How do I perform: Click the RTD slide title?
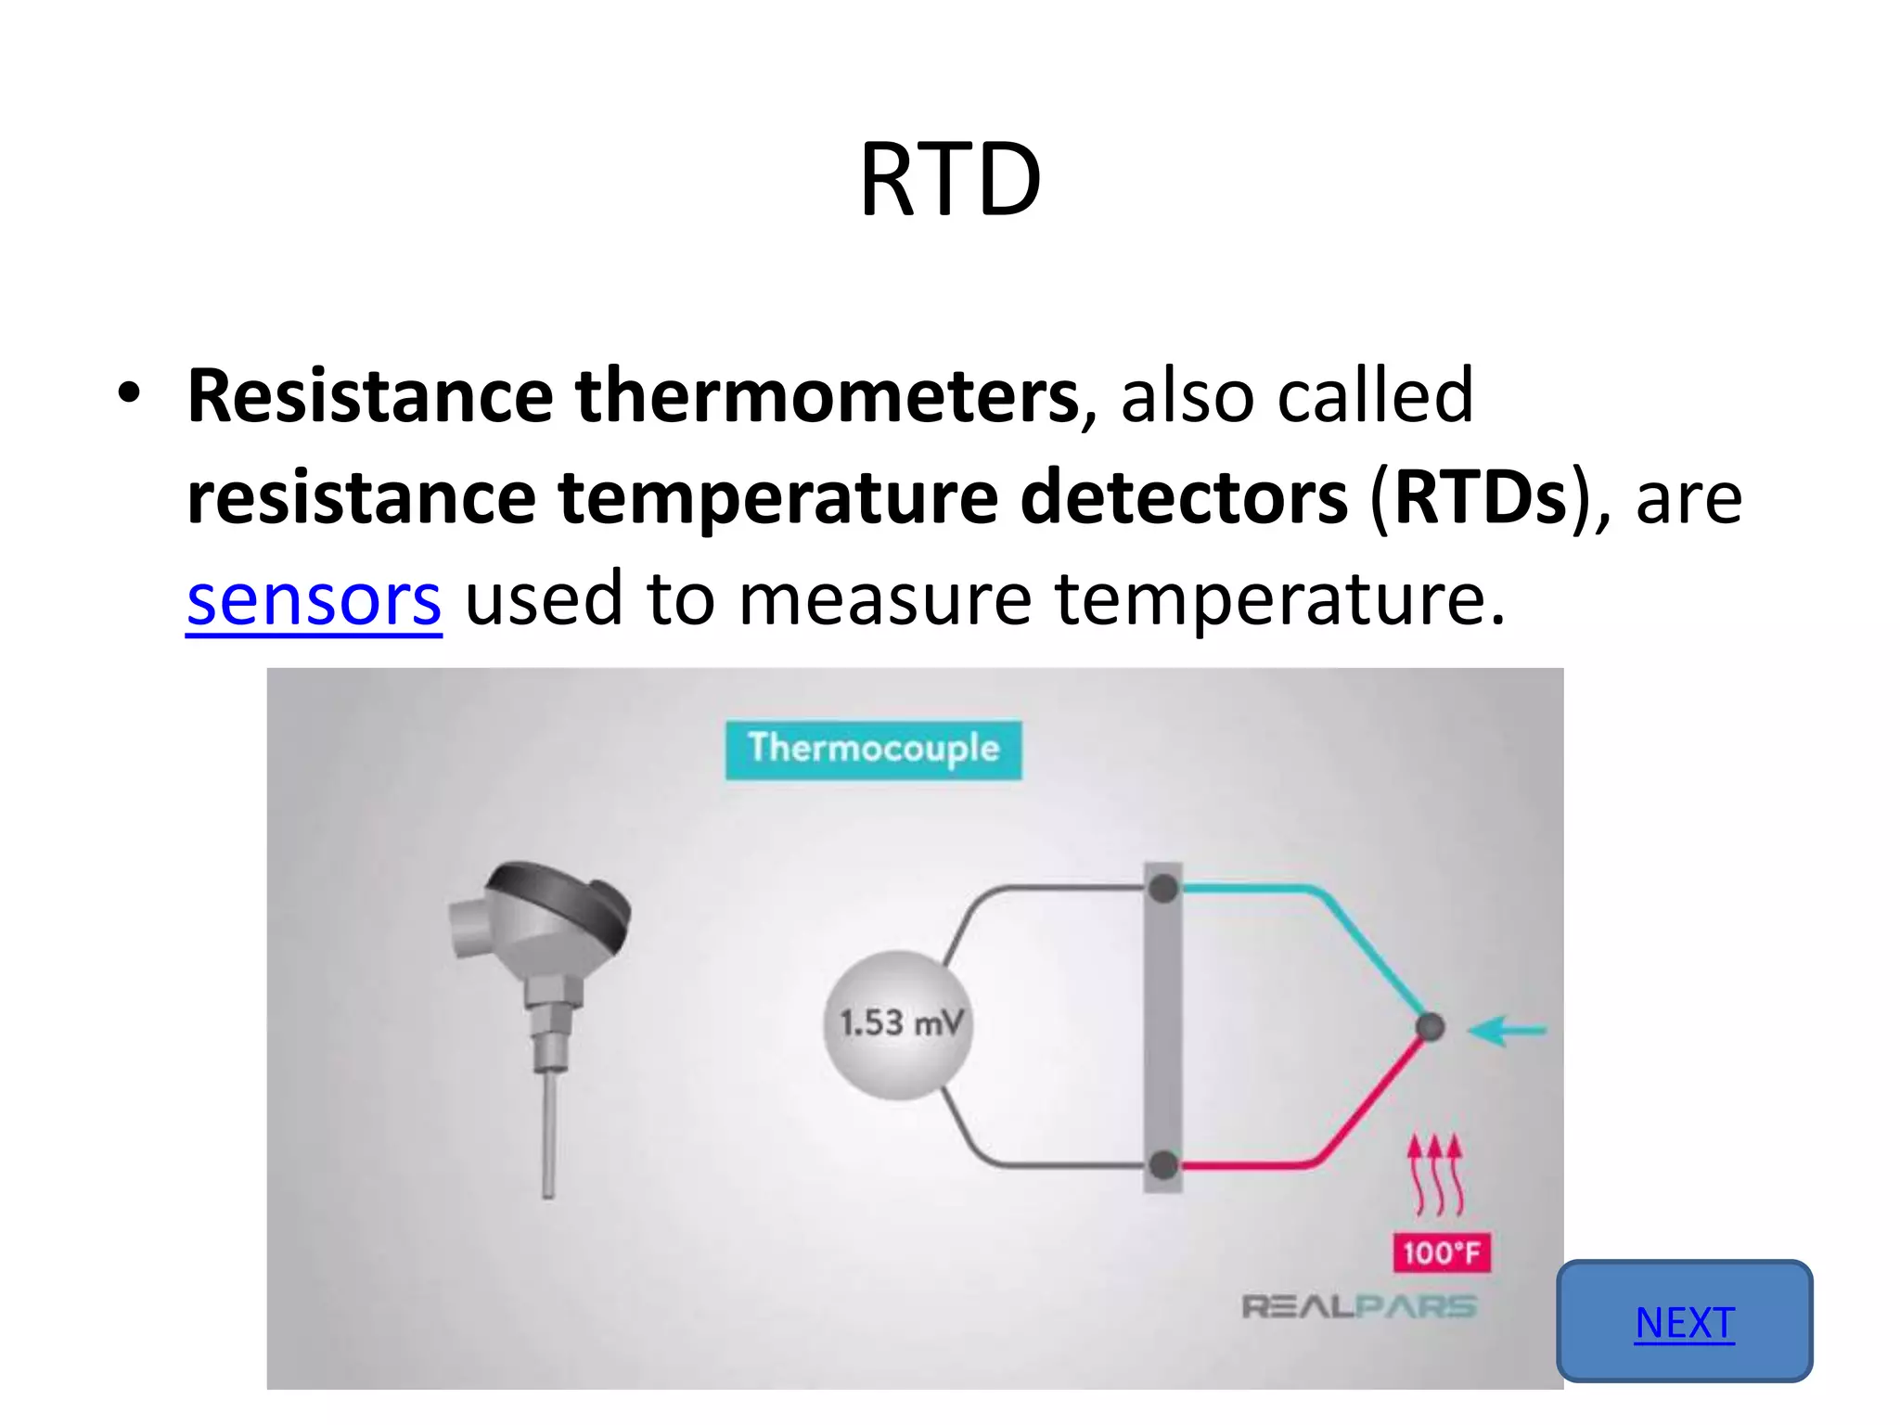click(x=950, y=180)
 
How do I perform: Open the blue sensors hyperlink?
click(x=314, y=600)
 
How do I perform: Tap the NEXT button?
click(x=1684, y=1321)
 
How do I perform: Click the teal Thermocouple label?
click(x=873, y=749)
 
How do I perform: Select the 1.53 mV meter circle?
click(x=898, y=1024)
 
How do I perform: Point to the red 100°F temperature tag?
click(x=1441, y=1252)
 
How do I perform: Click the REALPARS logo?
click(x=1359, y=1307)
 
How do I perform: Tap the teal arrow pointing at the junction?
click(x=1508, y=1030)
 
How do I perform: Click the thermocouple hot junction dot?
click(x=1430, y=1027)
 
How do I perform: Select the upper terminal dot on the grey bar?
click(x=1162, y=890)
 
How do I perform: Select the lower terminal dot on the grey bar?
click(x=1162, y=1164)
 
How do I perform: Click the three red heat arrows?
click(x=1435, y=1174)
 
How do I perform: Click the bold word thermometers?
click(x=826, y=396)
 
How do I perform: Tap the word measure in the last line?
click(x=884, y=600)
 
